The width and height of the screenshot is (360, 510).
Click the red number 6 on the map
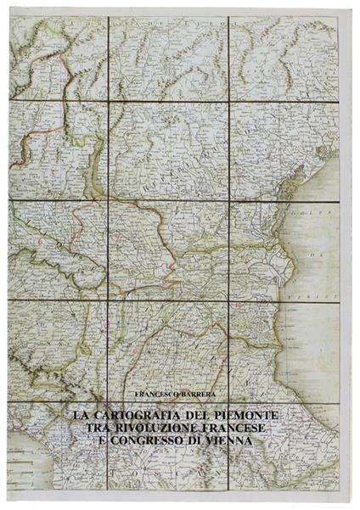coord(39,241)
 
